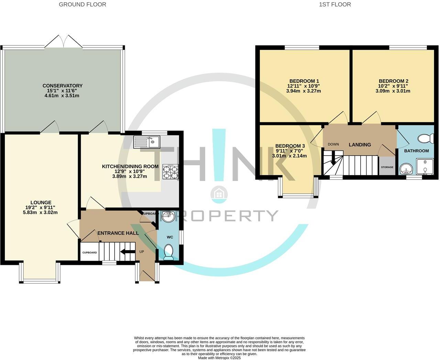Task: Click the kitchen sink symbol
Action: click(x=147, y=142)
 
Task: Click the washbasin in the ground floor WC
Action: click(x=168, y=216)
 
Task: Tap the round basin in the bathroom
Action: click(x=407, y=169)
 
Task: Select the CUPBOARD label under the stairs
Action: click(x=89, y=252)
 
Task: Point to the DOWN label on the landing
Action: click(x=333, y=144)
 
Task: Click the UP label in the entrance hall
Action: click(x=142, y=251)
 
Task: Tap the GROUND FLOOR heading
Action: click(x=82, y=4)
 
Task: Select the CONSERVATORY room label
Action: click(x=63, y=86)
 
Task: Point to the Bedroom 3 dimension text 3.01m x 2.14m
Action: click(x=289, y=156)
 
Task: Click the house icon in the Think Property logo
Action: click(x=219, y=194)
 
